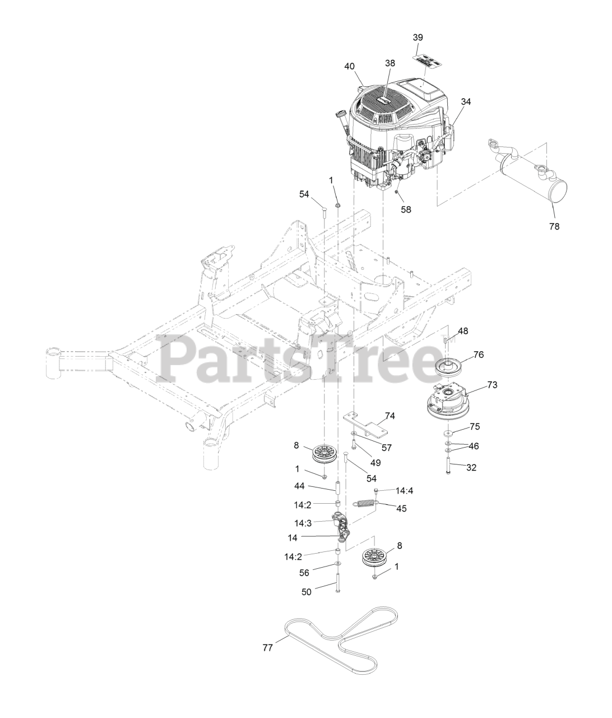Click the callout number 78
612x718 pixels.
(x=554, y=227)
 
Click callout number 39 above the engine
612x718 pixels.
(x=418, y=37)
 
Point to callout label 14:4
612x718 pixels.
(x=404, y=490)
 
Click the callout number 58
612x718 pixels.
(x=406, y=209)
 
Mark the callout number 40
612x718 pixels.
(x=350, y=66)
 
